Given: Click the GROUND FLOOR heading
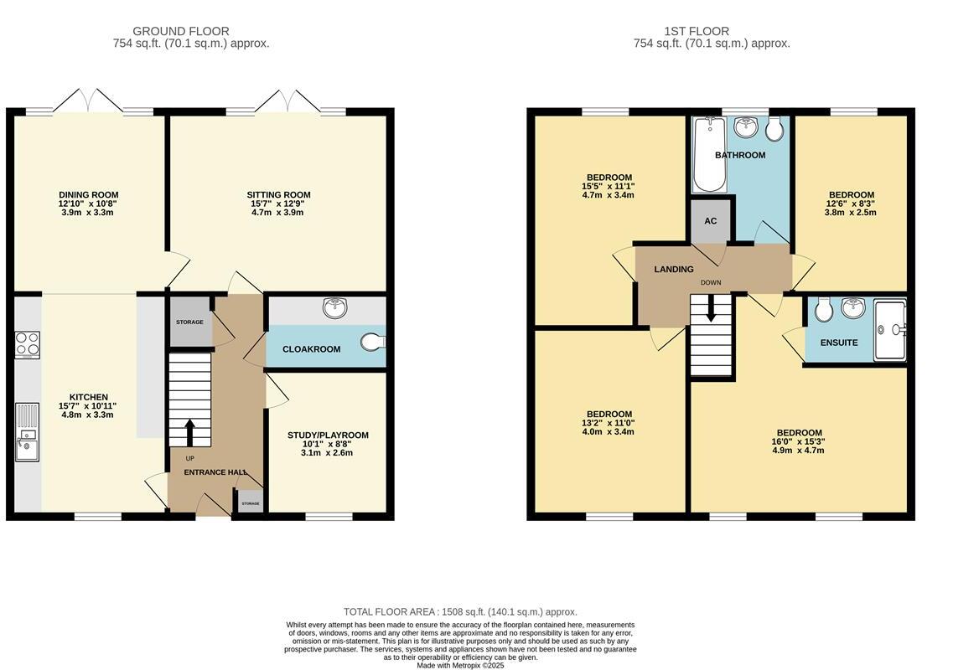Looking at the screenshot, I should (x=180, y=32).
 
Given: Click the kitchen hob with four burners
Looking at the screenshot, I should (x=28, y=345).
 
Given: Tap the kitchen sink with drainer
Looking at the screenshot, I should (x=28, y=432).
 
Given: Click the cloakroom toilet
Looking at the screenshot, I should (x=374, y=341).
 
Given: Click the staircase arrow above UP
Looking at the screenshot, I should (x=189, y=432).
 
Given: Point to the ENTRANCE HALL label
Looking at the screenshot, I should (x=215, y=472).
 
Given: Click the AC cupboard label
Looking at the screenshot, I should (x=710, y=221).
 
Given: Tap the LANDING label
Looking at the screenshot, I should (x=674, y=270).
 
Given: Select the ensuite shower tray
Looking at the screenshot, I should (x=889, y=330).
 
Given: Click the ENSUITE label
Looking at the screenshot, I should (x=838, y=343).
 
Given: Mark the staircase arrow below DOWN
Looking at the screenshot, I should (x=711, y=312).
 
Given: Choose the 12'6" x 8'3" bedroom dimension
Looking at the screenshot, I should (x=850, y=204).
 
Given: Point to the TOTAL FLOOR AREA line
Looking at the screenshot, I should (x=460, y=612).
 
